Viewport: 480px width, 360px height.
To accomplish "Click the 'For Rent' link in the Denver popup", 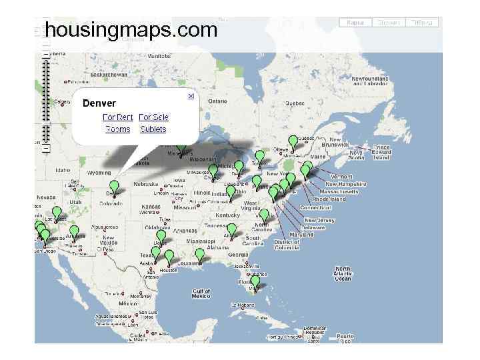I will click(x=117, y=117).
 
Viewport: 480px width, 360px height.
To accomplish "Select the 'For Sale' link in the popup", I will click(x=153, y=117).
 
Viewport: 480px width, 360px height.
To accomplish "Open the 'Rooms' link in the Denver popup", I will click(x=118, y=129).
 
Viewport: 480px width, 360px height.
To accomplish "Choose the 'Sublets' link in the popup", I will click(x=153, y=129).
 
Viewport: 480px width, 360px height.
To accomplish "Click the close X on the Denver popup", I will click(x=190, y=97).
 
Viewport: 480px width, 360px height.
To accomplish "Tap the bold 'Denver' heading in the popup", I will click(x=99, y=103).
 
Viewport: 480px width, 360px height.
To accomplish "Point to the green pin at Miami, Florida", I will click(x=255, y=282).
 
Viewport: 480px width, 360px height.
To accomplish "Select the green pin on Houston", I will click(x=169, y=256).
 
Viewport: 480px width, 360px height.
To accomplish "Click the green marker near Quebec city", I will click(x=293, y=141).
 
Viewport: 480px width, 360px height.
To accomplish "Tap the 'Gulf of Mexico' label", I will click(x=201, y=294).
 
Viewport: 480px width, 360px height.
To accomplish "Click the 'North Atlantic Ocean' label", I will click(x=343, y=274).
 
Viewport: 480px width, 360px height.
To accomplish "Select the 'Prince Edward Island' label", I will click(x=381, y=153).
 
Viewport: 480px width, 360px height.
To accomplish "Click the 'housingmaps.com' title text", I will click(x=131, y=30).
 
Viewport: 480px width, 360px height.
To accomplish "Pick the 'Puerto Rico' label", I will click(x=345, y=336).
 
